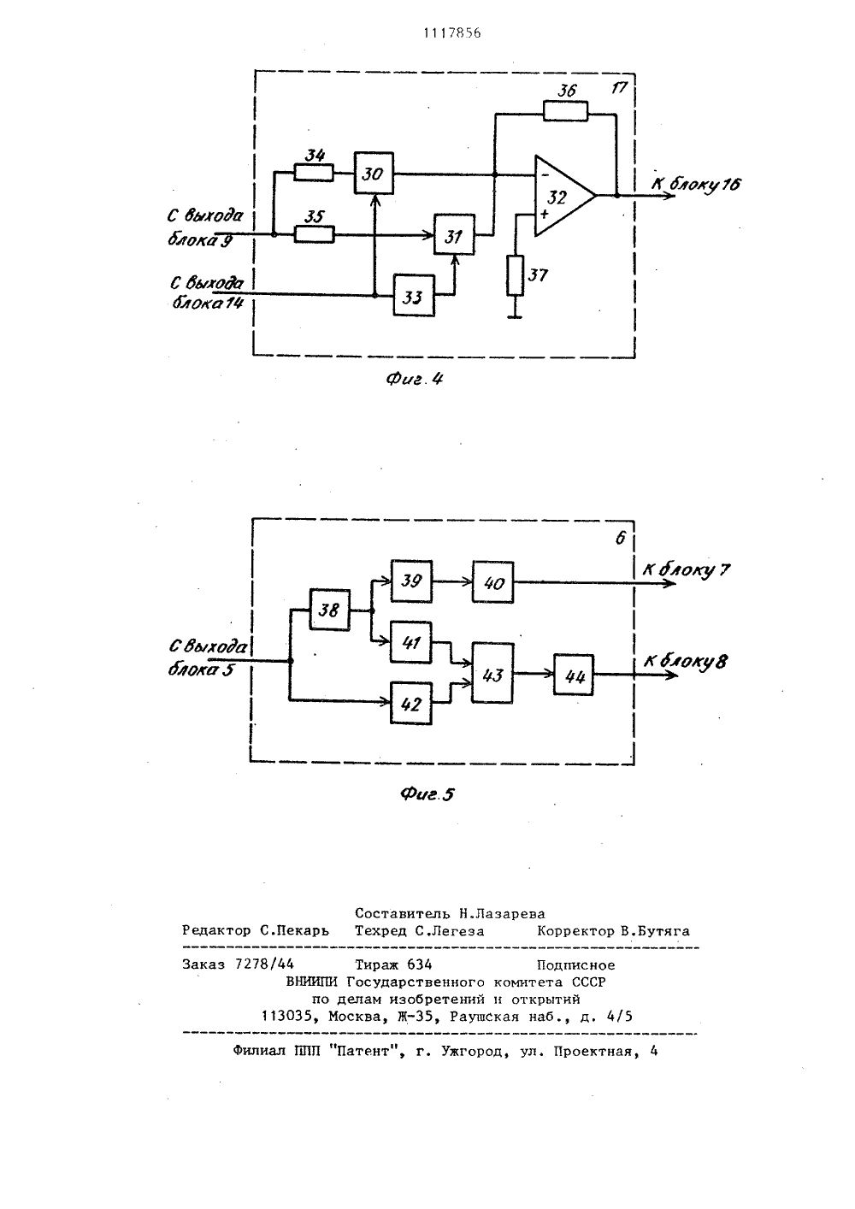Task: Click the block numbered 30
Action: click(374, 173)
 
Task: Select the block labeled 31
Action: click(455, 234)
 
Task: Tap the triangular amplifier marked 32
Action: click(565, 196)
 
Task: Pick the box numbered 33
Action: click(414, 295)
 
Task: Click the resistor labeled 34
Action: click(314, 173)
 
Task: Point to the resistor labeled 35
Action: click(314, 234)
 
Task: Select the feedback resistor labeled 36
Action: click(565, 111)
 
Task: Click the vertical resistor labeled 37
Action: click(515, 275)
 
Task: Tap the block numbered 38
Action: click(329, 610)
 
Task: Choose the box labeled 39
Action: click(411, 581)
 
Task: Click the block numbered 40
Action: click(492, 582)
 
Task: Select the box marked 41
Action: click(411, 642)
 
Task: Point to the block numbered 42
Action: click(411, 704)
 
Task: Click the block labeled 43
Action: click(492, 673)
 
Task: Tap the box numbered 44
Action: click(573, 675)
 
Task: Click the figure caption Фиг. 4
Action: click(415, 379)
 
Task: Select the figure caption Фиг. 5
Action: click(427, 794)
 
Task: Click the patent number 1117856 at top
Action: click(451, 33)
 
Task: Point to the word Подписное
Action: click(576, 965)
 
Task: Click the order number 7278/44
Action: click(265, 964)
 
